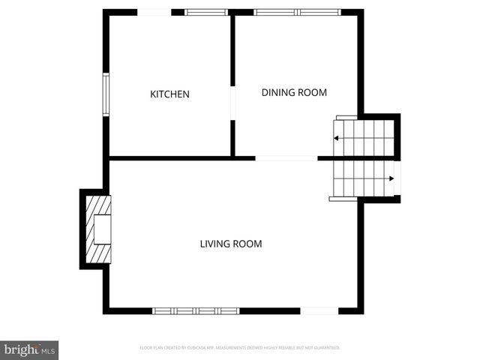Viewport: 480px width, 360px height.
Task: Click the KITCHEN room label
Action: (169, 94)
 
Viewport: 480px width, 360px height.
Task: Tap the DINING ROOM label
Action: (294, 92)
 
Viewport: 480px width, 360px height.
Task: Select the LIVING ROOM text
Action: (230, 244)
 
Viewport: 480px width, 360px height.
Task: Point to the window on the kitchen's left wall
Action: (106, 94)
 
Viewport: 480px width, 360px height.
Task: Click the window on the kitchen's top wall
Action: (206, 12)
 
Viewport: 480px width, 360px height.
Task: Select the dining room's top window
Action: (297, 12)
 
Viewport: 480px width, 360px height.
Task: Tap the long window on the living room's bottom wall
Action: (196, 310)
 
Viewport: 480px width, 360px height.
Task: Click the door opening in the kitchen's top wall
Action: (155, 12)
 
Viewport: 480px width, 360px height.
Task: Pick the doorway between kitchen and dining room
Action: (232, 103)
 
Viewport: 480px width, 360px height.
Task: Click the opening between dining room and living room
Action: (286, 158)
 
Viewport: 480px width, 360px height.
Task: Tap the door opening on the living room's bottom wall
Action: (319, 310)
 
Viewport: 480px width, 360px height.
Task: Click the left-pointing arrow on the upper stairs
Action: (337, 138)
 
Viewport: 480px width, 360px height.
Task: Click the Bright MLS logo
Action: (29, 349)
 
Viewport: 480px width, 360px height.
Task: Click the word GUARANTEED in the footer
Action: (327, 348)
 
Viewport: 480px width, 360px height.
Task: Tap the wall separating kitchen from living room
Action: (171, 158)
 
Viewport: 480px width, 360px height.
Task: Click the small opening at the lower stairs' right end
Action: (397, 178)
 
